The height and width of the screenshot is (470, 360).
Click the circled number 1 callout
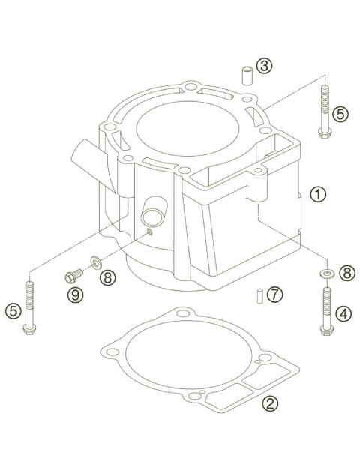pyautogui.click(x=319, y=194)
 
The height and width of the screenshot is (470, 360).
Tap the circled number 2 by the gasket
pyautogui.click(x=271, y=404)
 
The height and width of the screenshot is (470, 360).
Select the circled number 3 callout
pyautogui.click(x=263, y=67)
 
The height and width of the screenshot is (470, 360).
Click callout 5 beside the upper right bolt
pyautogui.click(x=341, y=115)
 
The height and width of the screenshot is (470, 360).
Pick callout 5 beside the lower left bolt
pyautogui.click(x=13, y=308)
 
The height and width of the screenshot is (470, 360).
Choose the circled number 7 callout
pyautogui.click(x=275, y=294)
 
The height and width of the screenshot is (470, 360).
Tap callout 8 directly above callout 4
pyautogui.click(x=346, y=274)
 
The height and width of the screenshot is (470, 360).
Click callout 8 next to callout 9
pyautogui.click(x=109, y=277)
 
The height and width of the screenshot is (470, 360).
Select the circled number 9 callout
pyautogui.click(x=76, y=295)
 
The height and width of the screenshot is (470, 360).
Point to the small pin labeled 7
pyautogui.click(x=256, y=295)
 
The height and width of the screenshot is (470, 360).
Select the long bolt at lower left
pyautogui.click(x=30, y=307)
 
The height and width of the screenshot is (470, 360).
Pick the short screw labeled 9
pyautogui.click(x=73, y=276)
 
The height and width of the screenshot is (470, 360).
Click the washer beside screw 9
pyautogui.click(x=96, y=262)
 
